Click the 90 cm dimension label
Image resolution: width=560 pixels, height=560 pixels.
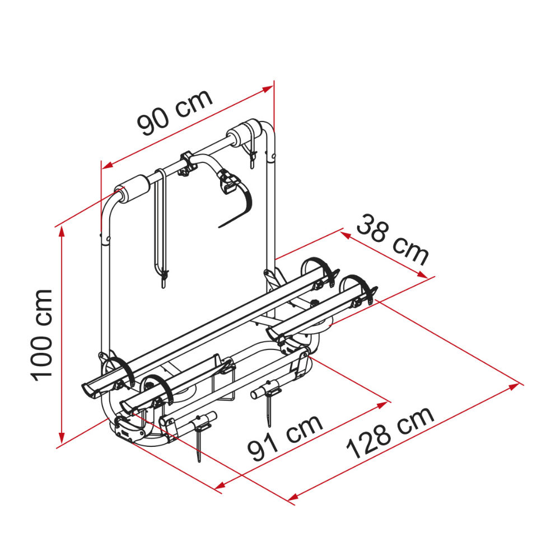(x=175, y=113)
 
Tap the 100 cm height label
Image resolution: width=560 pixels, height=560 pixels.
(x=41, y=335)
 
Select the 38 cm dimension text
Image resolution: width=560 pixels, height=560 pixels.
(x=392, y=240)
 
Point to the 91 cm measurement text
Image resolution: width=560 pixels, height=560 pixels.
(x=285, y=438)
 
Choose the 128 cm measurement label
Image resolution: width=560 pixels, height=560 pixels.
(x=390, y=433)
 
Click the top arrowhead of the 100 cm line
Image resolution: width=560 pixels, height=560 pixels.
(x=62, y=231)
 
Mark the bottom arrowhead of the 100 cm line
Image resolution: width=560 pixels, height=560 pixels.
(x=62, y=438)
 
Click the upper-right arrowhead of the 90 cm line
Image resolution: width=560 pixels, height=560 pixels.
(x=268, y=88)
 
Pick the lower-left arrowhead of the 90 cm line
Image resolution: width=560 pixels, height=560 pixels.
(x=107, y=165)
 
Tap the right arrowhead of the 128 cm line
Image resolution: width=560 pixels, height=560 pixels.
(x=514, y=386)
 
